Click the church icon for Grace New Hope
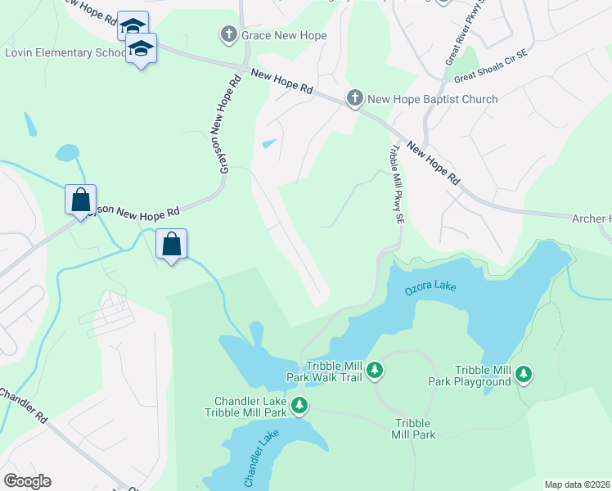coord(228,35)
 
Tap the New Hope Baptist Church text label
coord(432,99)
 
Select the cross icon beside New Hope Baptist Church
coord(354,99)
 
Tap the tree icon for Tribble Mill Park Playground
coord(523,375)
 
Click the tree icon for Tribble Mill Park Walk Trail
coord(375,371)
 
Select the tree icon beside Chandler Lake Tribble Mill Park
coord(300,405)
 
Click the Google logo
coord(27,481)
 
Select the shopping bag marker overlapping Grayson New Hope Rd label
coord(80,200)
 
